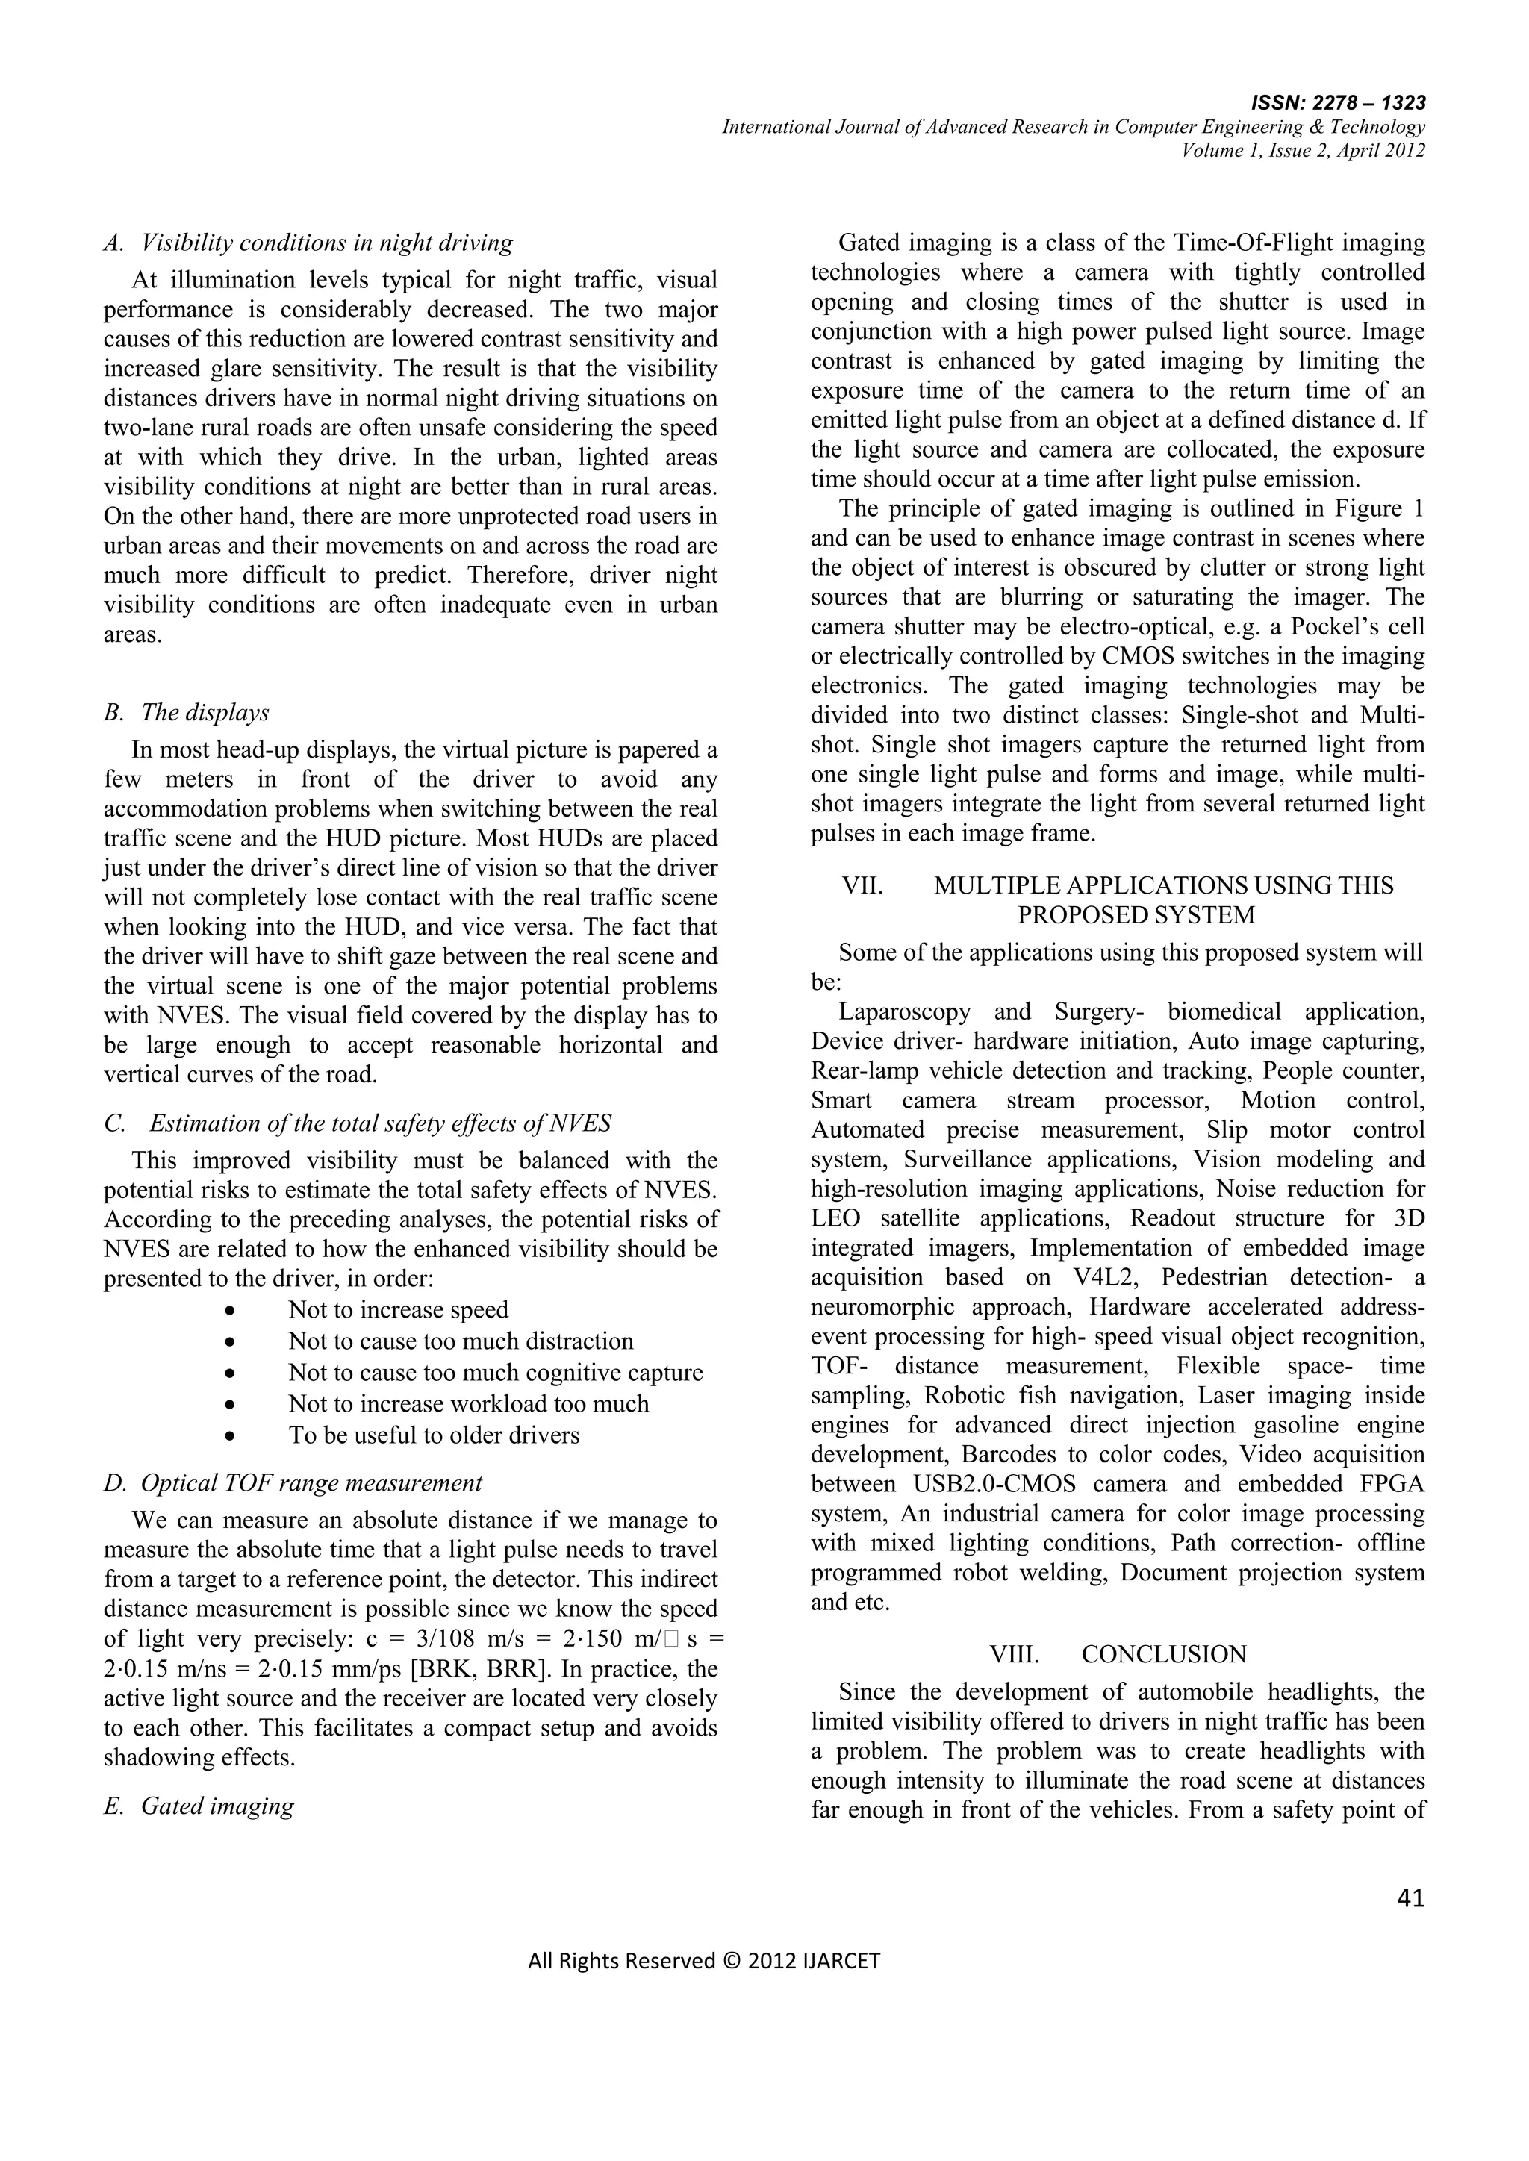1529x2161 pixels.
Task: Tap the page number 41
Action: tap(1410, 1897)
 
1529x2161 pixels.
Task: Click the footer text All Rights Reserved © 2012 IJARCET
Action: tap(703, 1960)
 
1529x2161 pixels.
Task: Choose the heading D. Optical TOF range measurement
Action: tap(293, 1482)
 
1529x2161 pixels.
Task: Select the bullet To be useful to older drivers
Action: tap(433, 1435)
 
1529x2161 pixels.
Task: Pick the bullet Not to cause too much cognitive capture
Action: tap(495, 1372)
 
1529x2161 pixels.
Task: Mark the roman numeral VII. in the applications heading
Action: tap(862, 885)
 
